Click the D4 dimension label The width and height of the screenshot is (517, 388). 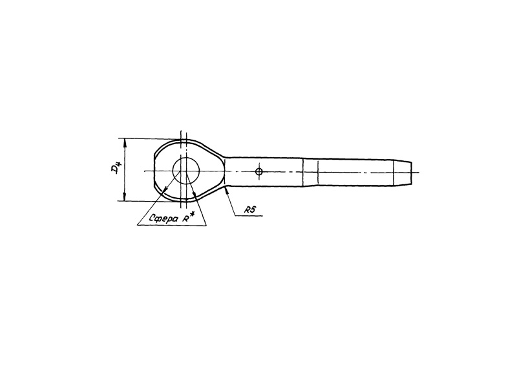click(116, 169)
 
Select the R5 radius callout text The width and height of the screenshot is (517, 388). click(250, 210)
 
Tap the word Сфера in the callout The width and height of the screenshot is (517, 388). click(164, 219)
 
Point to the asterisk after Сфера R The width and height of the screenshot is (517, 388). click(193, 214)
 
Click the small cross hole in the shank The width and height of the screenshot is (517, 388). click(259, 171)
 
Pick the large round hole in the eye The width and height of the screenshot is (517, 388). click(186, 170)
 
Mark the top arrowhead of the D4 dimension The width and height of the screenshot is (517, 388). click(125, 142)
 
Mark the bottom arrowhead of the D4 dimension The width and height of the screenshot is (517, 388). click(125, 197)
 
